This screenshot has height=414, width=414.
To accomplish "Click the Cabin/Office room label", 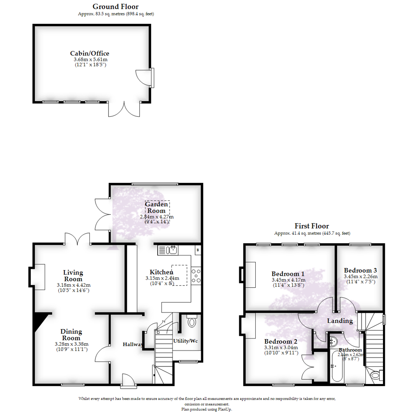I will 87,53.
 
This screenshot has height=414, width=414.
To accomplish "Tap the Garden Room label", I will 156,207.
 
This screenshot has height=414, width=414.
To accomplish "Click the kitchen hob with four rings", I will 196,276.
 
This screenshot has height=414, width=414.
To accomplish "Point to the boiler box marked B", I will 198,250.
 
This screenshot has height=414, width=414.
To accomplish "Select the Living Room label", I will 73,276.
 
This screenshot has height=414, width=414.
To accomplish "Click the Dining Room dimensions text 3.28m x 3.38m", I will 72,344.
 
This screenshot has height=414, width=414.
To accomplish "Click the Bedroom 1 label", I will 288,274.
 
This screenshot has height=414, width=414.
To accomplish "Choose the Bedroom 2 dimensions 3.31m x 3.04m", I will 281,348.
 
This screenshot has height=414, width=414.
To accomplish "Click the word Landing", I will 340,320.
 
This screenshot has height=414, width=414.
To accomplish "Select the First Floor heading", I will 312,226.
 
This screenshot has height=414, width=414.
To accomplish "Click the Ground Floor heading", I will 115,7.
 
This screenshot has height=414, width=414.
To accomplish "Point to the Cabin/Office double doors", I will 125,109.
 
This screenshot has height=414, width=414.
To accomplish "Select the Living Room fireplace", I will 37,277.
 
